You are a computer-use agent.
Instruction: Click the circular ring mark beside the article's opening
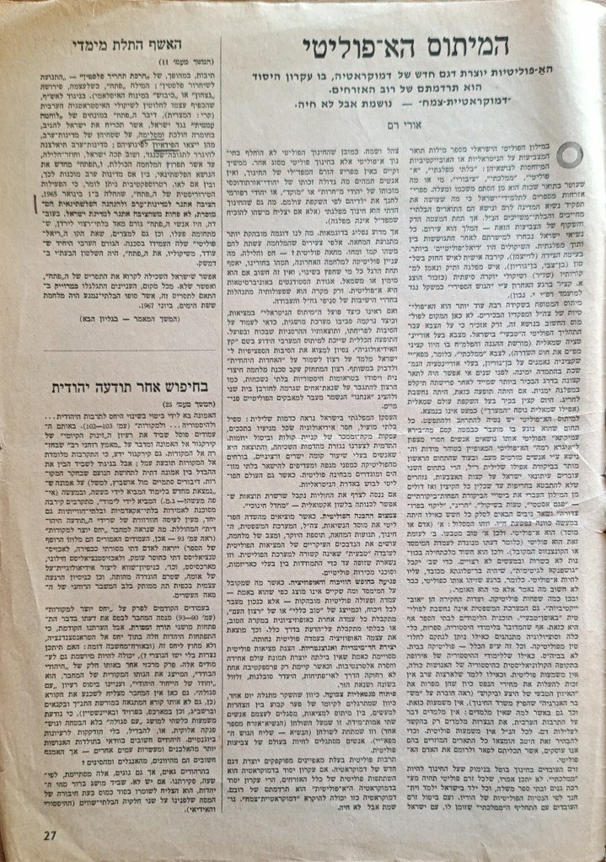567,156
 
